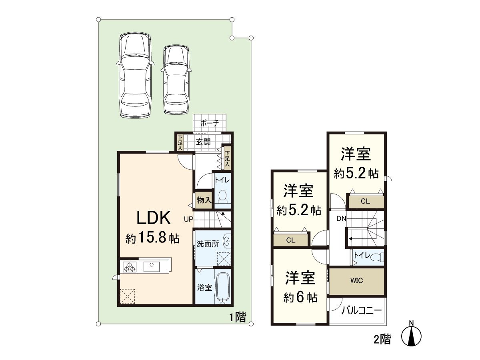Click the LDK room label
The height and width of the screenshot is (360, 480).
[154, 218]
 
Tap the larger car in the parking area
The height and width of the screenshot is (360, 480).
[135, 75]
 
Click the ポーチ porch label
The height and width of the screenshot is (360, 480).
[209, 124]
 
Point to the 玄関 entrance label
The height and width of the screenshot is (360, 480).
[203, 142]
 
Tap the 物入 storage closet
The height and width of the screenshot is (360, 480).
[204, 200]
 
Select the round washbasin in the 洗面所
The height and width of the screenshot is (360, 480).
[227, 241]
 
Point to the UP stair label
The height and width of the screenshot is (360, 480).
[188, 219]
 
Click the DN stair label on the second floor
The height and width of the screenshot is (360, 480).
[341, 218]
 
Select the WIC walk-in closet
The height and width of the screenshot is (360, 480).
[356, 281]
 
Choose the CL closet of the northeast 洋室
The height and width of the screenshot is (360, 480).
[365, 202]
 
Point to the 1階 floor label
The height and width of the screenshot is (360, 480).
[238, 318]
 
